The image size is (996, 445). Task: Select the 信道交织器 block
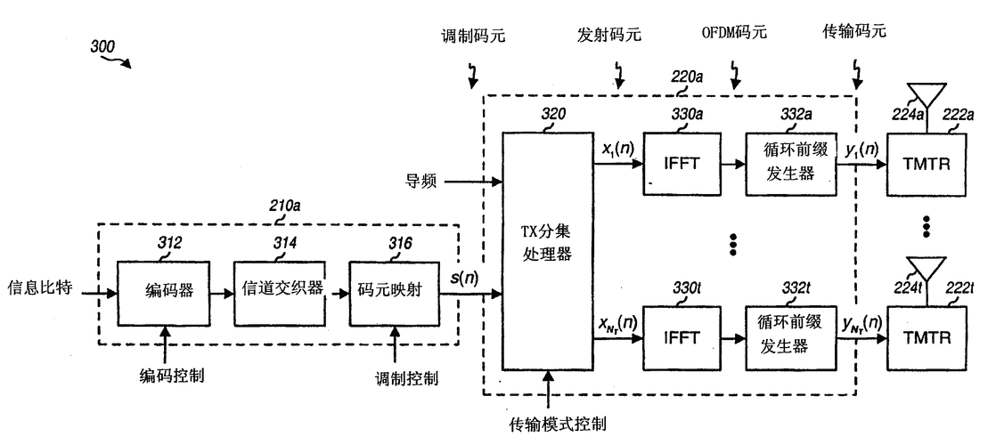[278, 292]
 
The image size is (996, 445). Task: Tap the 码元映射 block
[393, 292]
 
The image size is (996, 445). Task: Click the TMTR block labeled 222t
[927, 338]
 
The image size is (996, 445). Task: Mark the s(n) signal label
[463, 279]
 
